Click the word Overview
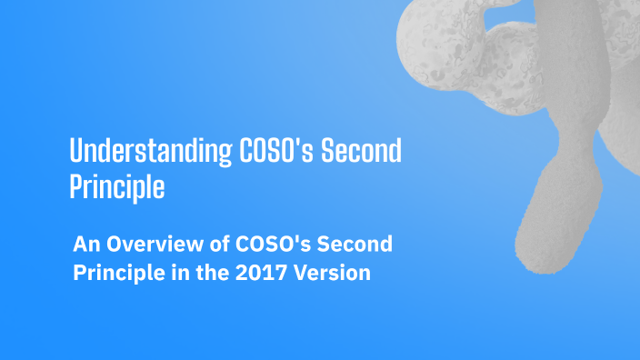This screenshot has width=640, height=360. (x=149, y=245)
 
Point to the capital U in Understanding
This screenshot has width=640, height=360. (x=76, y=150)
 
